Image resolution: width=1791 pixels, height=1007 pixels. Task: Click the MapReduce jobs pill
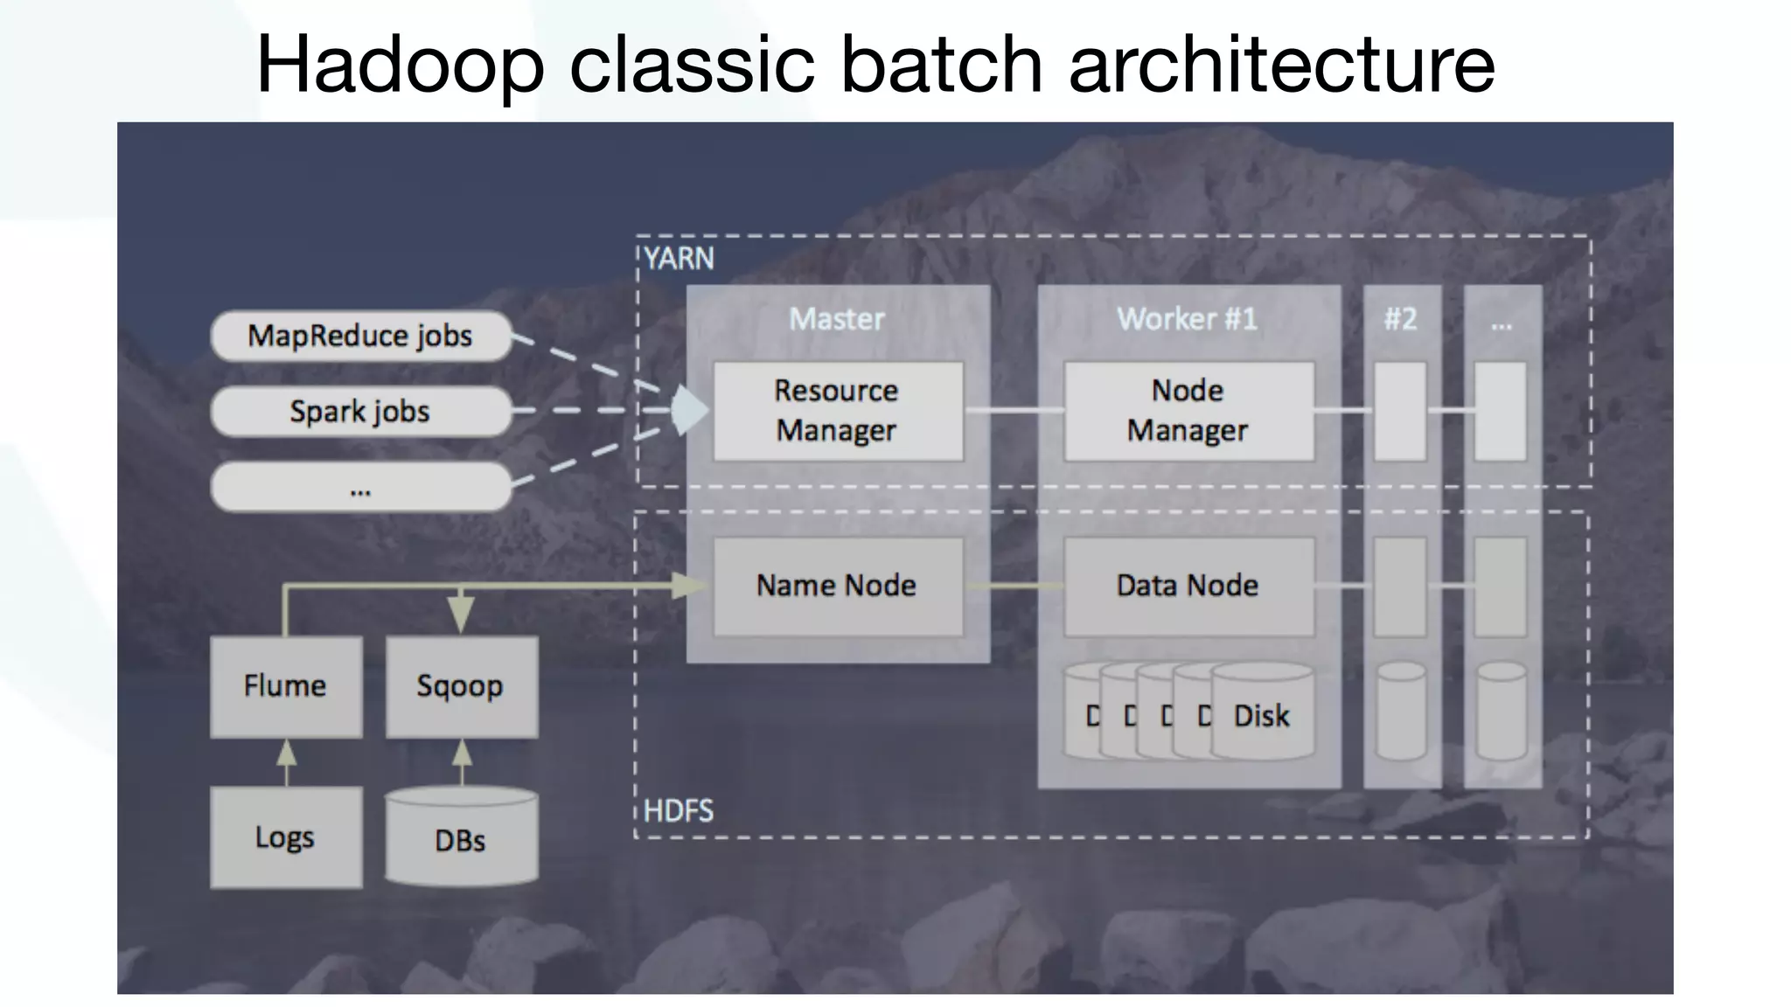pyautogui.click(x=360, y=336)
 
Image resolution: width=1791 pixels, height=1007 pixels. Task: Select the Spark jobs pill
pyautogui.click(x=360, y=411)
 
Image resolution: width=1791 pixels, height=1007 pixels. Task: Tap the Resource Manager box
pyautogui.click(x=837, y=411)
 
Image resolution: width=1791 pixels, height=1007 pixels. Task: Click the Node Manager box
pyautogui.click(x=1188, y=411)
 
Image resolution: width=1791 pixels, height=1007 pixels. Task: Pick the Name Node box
pyautogui.click(x=837, y=586)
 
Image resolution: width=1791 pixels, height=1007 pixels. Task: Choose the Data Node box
pyautogui.click(x=1188, y=586)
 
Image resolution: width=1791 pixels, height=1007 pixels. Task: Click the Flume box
pyautogui.click(x=285, y=686)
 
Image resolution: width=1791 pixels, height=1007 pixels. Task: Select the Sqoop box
pyautogui.click(x=461, y=686)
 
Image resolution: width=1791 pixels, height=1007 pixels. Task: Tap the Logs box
pyautogui.click(x=285, y=837)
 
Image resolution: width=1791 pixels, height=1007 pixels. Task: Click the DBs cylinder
pyautogui.click(x=461, y=839)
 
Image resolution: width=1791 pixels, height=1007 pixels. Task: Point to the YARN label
pyautogui.click(x=679, y=259)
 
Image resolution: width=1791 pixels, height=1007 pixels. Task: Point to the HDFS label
pyautogui.click(x=679, y=811)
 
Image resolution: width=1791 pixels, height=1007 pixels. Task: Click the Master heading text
pyautogui.click(x=837, y=319)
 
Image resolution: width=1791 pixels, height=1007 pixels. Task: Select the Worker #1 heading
pyautogui.click(x=1187, y=319)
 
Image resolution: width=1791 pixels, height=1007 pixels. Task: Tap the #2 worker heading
pyautogui.click(x=1400, y=319)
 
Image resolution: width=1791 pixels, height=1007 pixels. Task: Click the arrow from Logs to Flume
pyautogui.click(x=286, y=762)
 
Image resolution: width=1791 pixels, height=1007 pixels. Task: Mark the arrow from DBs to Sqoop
pyautogui.click(x=462, y=762)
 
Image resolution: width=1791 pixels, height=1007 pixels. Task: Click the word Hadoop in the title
pyautogui.click(x=401, y=65)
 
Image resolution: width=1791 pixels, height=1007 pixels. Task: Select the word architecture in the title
pyautogui.click(x=1281, y=65)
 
